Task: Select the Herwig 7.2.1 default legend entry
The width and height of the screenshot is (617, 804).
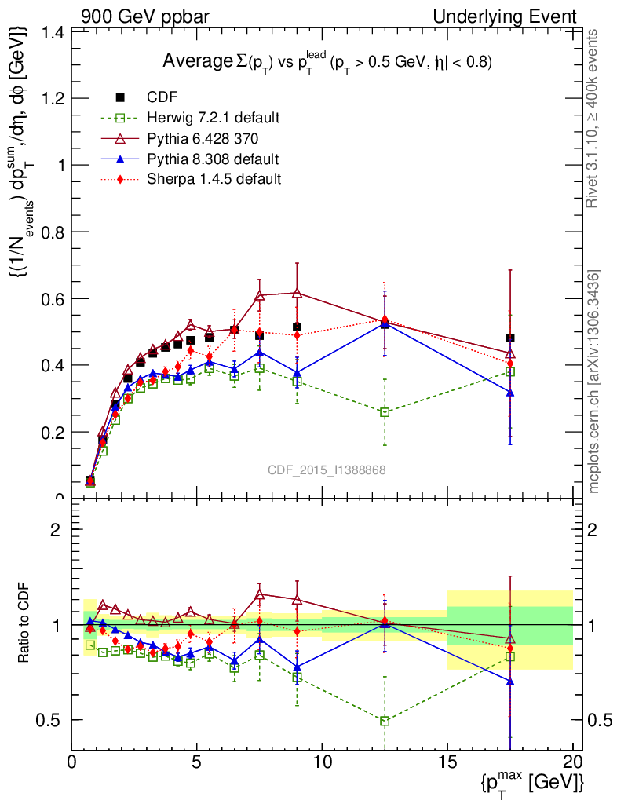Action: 213,118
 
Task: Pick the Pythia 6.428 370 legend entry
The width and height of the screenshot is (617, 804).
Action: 203,138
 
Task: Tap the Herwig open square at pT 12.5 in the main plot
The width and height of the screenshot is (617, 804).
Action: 385,412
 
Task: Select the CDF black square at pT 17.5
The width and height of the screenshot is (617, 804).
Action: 510,338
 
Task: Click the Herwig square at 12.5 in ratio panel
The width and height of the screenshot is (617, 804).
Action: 385,721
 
